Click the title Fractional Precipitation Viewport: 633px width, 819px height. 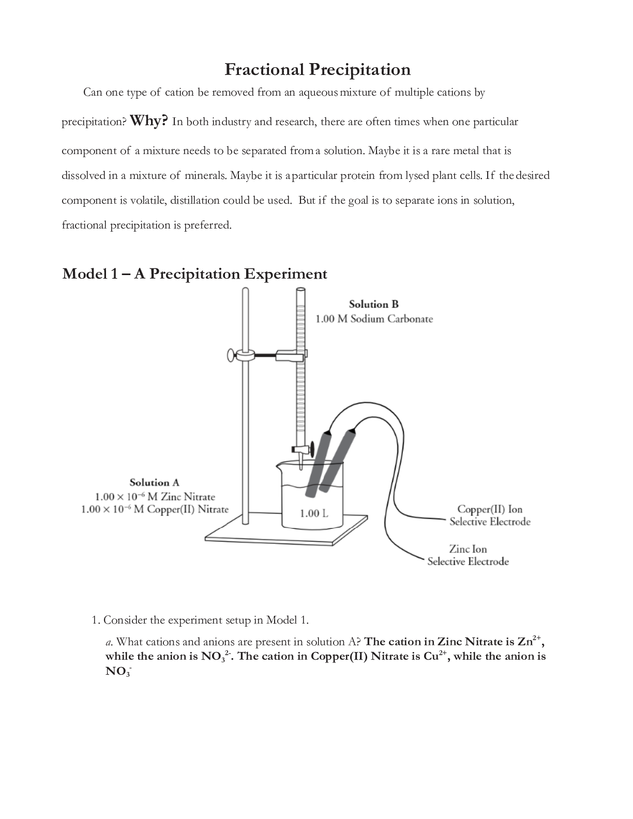tap(318, 69)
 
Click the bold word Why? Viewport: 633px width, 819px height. tap(149, 120)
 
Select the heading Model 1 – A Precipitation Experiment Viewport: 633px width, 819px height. tap(194, 274)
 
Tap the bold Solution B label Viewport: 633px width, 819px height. tap(373, 304)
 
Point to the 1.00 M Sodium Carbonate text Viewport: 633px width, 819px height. tap(374, 318)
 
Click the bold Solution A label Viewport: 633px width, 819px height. tap(154, 482)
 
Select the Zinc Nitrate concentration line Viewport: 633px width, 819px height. tap(155, 496)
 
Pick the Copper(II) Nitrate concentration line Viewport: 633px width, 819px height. tap(155, 509)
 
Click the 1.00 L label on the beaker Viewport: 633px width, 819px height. tap(314, 513)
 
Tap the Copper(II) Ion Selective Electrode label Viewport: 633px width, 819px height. tap(489, 515)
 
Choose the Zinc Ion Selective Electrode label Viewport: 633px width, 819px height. tap(468, 555)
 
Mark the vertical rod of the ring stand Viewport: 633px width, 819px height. tap(245, 414)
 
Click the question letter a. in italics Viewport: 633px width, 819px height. tap(109, 642)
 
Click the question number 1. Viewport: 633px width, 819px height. tap(95, 620)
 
